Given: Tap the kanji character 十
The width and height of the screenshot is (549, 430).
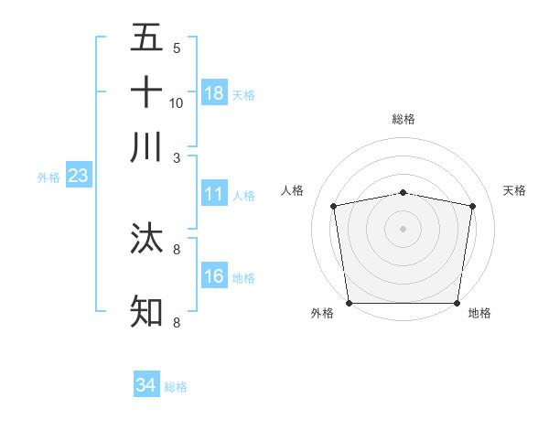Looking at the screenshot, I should tap(146, 92).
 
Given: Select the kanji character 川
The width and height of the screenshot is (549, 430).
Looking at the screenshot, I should tap(146, 147).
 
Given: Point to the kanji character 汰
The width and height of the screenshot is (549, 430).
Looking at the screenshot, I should tap(146, 238).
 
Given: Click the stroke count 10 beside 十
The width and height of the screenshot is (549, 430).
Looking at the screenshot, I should tap(177, 102).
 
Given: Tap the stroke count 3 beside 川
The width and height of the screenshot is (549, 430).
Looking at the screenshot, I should tap(177, 157).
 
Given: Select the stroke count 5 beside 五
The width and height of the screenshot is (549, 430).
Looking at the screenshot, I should tap(177, 48).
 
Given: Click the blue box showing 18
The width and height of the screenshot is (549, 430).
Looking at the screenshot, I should tap(214, 92).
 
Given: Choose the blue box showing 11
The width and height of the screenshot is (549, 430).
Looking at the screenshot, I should tap(214, 194).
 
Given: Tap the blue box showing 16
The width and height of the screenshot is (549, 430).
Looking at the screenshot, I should tap(214, 275).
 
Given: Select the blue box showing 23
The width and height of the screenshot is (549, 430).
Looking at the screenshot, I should tap(78, 176).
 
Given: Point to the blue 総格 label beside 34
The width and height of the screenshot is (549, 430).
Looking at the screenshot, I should tap(176, 387).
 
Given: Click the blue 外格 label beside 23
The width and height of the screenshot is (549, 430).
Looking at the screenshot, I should tap(48, 177).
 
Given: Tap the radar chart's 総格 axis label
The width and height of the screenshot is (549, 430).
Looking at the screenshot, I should tap(404, 119).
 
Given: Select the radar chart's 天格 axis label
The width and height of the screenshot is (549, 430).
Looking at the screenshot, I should tap(515, 190).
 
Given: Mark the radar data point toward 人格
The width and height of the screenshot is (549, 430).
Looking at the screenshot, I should tap(334, 206).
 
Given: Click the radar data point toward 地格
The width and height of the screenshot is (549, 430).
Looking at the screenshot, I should tap(457, 303).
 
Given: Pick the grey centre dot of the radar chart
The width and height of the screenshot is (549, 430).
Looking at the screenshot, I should tap(404, 228).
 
